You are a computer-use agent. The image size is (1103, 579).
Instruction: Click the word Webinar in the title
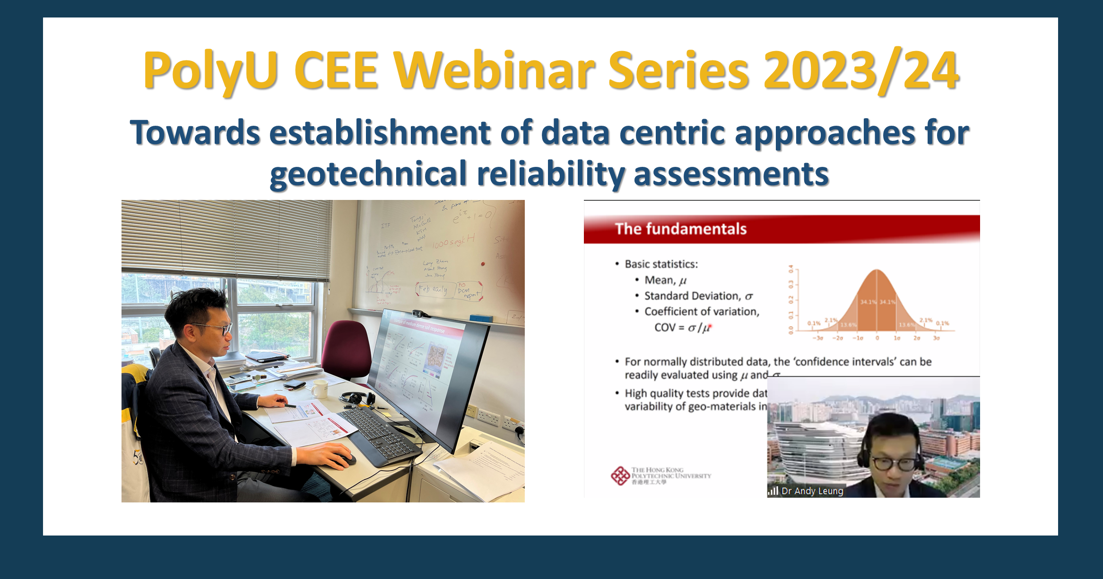coord(495,71)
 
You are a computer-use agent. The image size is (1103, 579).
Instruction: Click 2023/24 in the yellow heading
coord(860,71)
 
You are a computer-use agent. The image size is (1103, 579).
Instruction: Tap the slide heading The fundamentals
coord(680,229)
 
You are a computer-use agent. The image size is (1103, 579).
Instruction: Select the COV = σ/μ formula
coord(682,328)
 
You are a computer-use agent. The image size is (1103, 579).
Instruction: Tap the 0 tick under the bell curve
coord(877,338)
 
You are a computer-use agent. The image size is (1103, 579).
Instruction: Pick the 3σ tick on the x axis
coord(936,338)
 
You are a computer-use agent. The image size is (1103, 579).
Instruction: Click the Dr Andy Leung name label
coord(812,491)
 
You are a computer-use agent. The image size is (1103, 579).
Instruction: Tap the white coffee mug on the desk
coord(320,389)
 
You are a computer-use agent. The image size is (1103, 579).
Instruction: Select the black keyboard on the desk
coord(378,432)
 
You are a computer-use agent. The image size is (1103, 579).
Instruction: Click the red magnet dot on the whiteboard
coord(483,264)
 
